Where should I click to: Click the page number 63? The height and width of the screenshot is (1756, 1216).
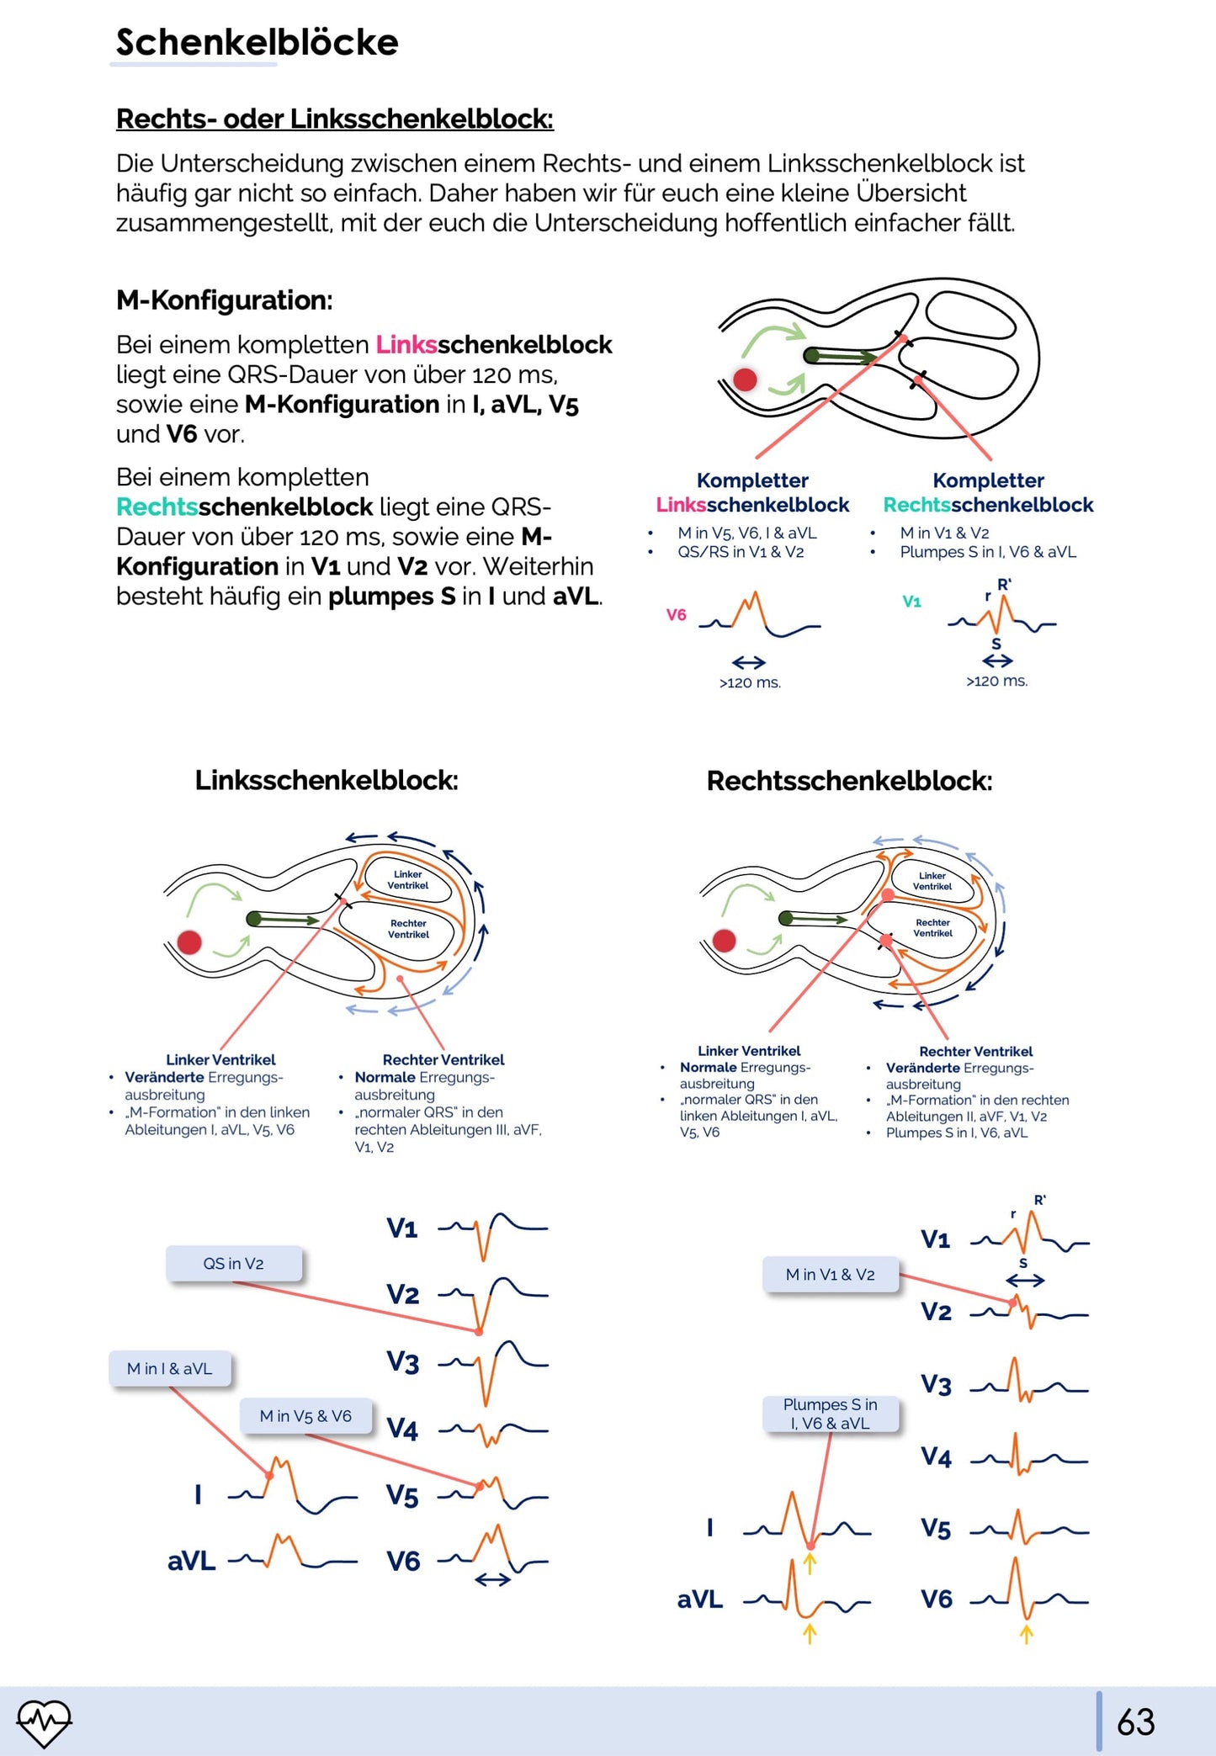pos(1135,1722)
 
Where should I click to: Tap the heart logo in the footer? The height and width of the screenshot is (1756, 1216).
pos(45,1722)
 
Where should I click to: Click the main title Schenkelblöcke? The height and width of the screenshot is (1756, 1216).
pos(257,42)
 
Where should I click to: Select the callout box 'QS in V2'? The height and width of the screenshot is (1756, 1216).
pos(234,1263)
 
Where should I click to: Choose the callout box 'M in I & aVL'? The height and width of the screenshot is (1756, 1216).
pos(169,1368)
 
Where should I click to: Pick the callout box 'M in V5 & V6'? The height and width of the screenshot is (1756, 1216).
pos(305,1416)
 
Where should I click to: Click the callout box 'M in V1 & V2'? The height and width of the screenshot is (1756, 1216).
pos(830,1275)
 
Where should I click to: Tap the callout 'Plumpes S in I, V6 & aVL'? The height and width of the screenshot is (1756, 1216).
pos(830,1414)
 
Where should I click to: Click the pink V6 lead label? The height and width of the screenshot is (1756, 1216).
pos(677,615)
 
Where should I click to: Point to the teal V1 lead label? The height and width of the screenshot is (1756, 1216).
pos(911,602)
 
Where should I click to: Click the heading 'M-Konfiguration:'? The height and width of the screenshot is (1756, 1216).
pos(225,300)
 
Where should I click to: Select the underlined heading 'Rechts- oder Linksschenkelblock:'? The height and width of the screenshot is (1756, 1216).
pos(334,119)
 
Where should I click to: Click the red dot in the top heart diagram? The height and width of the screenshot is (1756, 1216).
pos(745,379)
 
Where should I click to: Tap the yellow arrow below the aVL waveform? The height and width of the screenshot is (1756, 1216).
pos(810,1632)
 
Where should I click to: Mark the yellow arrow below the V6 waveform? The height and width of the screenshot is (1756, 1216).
pos(1026,1633)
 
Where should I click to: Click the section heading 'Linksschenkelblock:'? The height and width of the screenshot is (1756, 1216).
pos(327,780)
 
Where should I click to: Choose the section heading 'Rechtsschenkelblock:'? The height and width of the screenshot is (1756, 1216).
pos(849,781)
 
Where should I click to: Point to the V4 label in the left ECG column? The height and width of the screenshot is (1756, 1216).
pos(402,1430)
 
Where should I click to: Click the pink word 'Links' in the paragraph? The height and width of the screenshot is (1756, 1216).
pos(406,345)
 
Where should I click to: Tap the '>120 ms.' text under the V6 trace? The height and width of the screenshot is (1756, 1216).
pos(750,682)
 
